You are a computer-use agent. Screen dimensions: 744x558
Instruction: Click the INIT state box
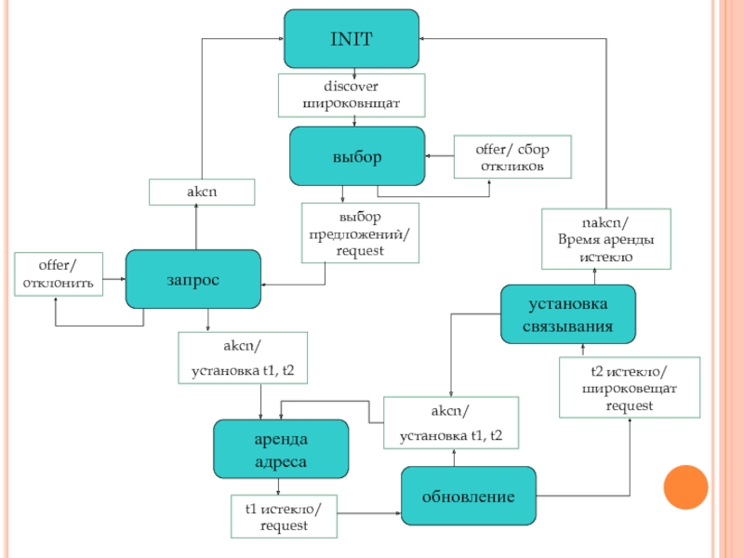pyautogui.click(x=352, y=38)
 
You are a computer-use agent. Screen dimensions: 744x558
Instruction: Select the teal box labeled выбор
pyautogui.click(x=357, y=156)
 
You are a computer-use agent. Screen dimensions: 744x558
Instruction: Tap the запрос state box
pyautogui.click(x=193, y=279)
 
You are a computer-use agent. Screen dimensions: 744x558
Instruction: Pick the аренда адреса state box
pyautogui.click(x=281, y=449)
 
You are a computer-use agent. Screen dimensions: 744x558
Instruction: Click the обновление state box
pyautogui.click(x=469, y=496)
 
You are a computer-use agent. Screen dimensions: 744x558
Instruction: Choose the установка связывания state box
pyautogui.click(x=568, y=314)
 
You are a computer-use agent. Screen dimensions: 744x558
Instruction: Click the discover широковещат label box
pyautogui.click(x=352, y=96)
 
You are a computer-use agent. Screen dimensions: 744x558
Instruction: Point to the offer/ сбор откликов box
pyautogui.click(x=512, y=157)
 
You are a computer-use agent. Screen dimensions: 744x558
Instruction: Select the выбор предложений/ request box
pyautogui.click(x=360, y=233)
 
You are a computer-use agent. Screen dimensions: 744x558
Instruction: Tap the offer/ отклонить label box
pyautogui.click(x=59, y=274)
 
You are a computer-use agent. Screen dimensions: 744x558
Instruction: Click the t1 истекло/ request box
pyautogui.click(x=284, y=517)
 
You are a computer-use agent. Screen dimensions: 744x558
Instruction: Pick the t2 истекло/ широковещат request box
pyautogui.click(x=630, y=388)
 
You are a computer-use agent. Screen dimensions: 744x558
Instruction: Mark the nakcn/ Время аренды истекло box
pyautogui.click(x=606, y=239)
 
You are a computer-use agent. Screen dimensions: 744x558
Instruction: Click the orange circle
pyautogui.click(x=685, y=487)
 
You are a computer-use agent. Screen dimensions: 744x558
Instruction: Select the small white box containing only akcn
pyautogui.click(x=202, y=193)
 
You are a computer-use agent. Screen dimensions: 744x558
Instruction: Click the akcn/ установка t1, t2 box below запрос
pyautogui.click(x=243, y=358)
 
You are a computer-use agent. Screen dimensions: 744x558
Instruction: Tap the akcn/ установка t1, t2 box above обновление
pyautogui.click(x=451, y=423)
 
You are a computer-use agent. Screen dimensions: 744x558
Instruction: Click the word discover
pyautogui.click(x=352, y=86)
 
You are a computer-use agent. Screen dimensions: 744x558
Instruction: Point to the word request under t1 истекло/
pyautogui.click(x=284, y=525)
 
